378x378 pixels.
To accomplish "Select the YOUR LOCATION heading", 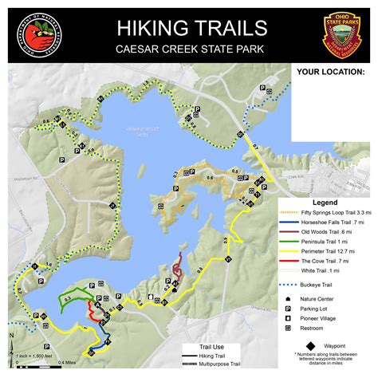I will point(330,71).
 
